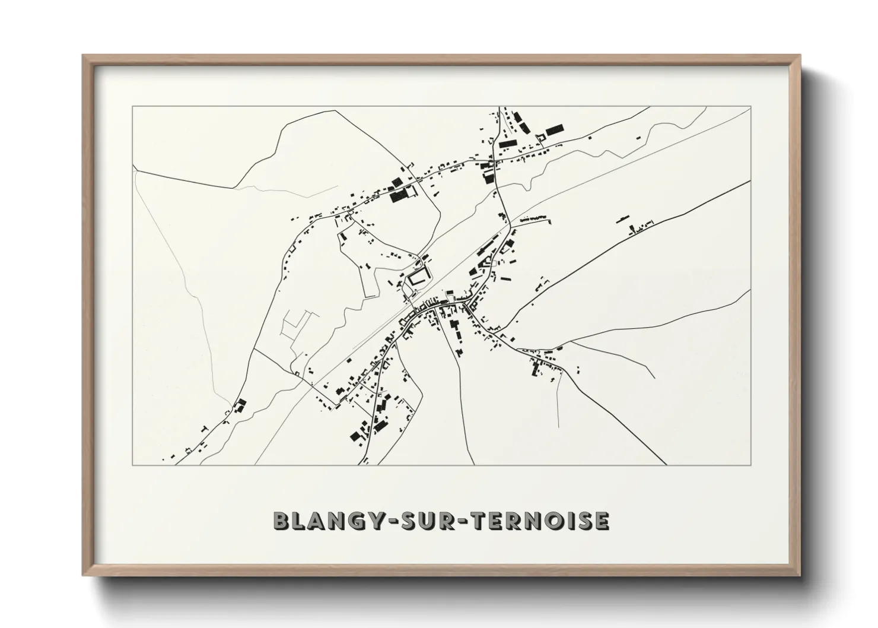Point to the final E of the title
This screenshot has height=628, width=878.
click(602, 521)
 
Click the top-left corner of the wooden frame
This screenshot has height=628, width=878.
click(84, 56)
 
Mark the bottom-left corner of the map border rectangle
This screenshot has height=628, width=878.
click(133, 465)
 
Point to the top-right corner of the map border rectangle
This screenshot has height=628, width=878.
click(751, 106)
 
